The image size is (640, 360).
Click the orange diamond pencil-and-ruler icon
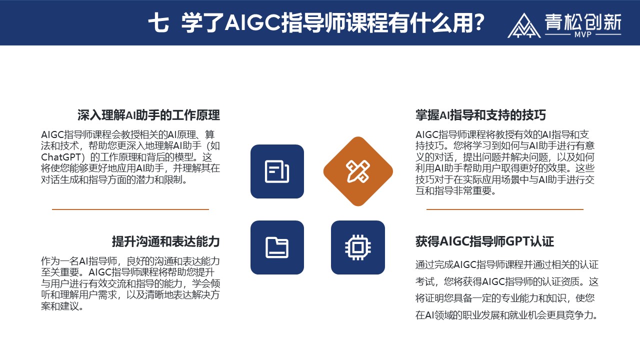[x=358, y=171]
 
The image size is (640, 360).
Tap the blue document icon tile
[x=277, y=171]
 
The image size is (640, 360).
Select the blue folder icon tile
[x=277, y=247]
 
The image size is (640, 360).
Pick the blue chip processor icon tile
[x=358, y=247]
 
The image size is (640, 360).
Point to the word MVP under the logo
[x=583, y=34]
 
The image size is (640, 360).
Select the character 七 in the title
[x=158, y=22]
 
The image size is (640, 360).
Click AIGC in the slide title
[x=253, y=22]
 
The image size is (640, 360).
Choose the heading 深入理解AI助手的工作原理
[x=148, y=115]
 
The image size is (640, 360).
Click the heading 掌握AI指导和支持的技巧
[x=480, y=115]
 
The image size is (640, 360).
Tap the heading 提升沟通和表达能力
[x=165, y=241]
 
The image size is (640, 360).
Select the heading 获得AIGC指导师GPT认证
[x=484, y=241]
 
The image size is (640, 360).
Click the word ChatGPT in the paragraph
[x=61, y=157]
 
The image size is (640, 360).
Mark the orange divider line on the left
[x=130, y=209]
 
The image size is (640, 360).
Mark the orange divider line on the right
[x=505, y=209]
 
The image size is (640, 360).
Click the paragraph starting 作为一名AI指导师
[x=130, y=283]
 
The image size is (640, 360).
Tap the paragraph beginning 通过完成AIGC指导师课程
[x=507, y=289]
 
